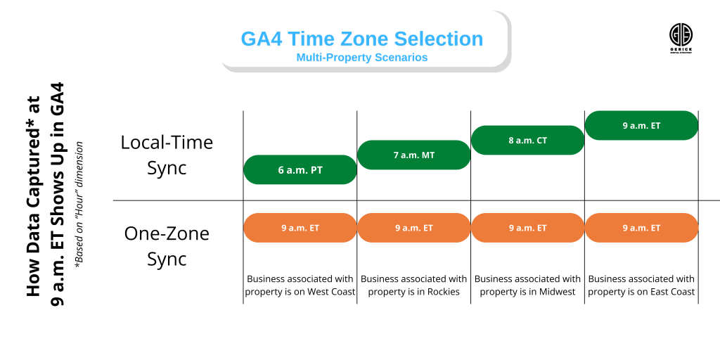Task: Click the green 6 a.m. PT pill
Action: click(300, 169)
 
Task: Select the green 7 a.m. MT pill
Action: click(414, 155)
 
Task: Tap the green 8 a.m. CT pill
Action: click(528, 140)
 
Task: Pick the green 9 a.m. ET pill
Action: click(641, 126)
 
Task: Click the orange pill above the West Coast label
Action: click(300, 228)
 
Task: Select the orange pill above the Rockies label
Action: click(414, 228)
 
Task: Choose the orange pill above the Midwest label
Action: click(528, 228)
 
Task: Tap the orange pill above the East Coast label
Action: click(641, 228)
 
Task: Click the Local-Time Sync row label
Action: click(167, 155)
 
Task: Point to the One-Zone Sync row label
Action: click(167, 245)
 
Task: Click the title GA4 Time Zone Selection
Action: click(361, 39)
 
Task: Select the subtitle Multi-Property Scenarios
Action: click(361, 58)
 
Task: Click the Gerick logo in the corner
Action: click(680, 36)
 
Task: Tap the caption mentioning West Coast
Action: click(300, 285)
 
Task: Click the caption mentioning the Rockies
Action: click(414, 285)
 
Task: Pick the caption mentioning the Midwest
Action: click(528, 285)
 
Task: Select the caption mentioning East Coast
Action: click(641, 285)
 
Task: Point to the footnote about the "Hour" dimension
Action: click(80, 204)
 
